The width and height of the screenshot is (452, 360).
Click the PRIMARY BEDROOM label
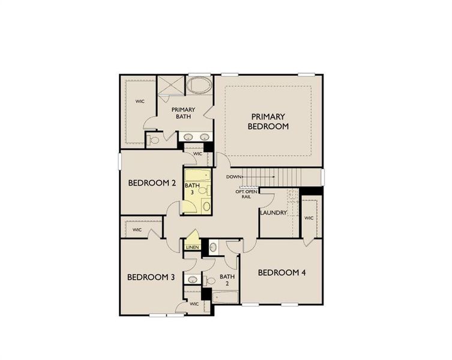point(268,121)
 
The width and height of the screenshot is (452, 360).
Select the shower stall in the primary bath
point(170,85)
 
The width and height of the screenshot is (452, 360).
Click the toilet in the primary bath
point(154,140)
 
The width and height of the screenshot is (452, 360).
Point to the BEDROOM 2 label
point(152,183)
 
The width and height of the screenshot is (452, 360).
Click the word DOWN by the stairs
point(234,177)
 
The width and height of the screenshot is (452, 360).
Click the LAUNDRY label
point(273,212)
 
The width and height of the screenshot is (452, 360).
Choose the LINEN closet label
point(192,247)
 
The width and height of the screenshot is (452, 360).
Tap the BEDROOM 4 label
point(282,272)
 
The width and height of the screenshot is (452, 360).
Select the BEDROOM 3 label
point(151,277)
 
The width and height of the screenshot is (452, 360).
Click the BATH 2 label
point(226,280)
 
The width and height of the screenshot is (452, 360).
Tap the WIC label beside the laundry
point(309,218)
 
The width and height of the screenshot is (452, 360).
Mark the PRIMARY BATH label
point(183,113)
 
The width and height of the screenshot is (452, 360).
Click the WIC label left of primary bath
point(140,101)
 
